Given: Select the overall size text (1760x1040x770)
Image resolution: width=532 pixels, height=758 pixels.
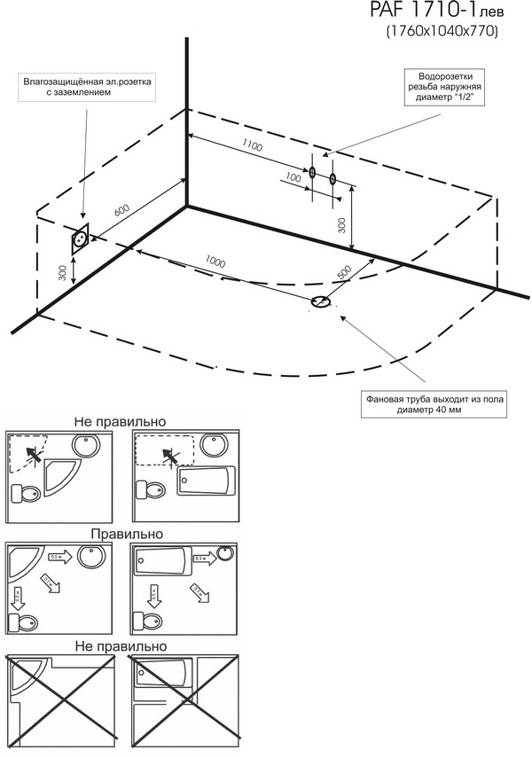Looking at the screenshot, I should (x=441, y=33).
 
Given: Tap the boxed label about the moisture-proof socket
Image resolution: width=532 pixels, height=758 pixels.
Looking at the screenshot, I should (x=89, y=87).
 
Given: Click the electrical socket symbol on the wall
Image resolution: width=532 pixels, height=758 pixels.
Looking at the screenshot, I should (x=82, y=238).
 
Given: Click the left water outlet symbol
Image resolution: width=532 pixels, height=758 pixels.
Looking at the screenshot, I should (x=312, y=174).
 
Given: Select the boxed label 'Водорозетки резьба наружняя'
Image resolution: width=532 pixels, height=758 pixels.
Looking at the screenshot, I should (x=444, y=87).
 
